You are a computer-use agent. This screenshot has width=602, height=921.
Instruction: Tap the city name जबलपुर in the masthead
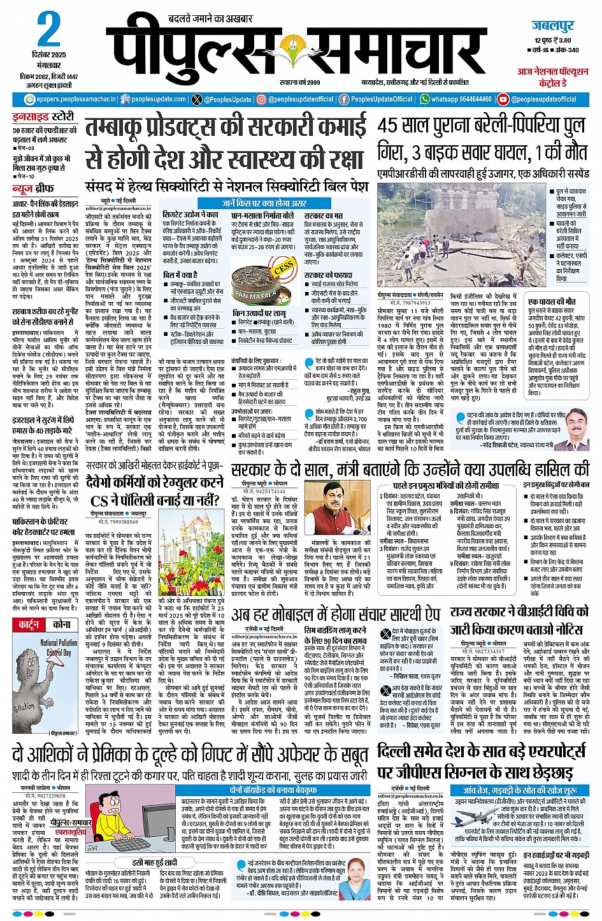coord(552,26)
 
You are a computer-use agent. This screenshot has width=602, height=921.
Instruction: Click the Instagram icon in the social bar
coord(261,99)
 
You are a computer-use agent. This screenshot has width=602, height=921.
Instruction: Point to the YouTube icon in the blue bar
coord(503,99)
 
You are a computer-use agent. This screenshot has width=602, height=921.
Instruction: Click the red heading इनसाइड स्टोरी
coord(52,117)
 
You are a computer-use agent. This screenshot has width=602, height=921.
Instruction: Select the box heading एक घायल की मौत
coord(552,301)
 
